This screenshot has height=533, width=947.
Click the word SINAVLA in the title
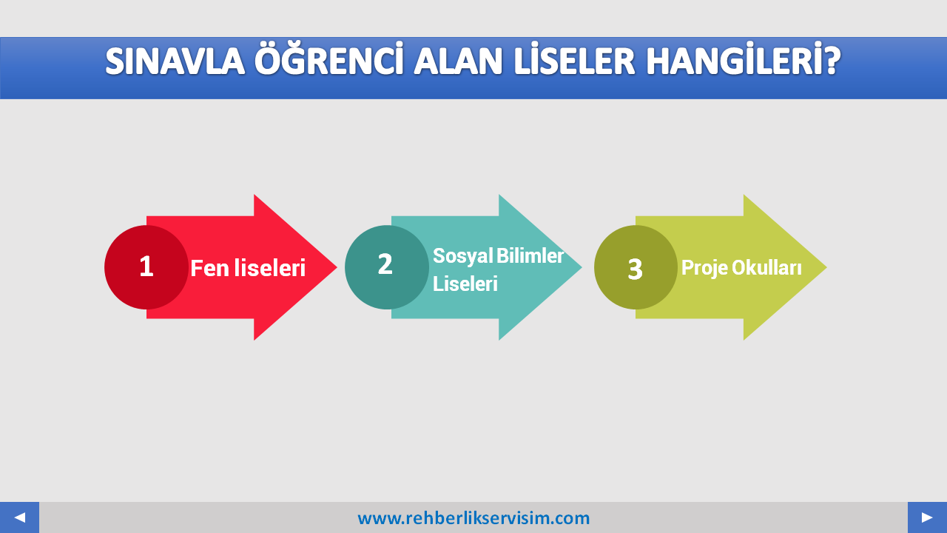(175, 61)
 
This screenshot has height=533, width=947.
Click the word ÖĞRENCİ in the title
(328, 58)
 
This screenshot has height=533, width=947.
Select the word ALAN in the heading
(458, 61)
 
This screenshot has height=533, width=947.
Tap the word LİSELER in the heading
(575, 58)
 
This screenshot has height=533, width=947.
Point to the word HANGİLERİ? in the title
(744, 58)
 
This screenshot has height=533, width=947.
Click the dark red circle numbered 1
(146, 267)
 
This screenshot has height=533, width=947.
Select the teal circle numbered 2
(387, 267)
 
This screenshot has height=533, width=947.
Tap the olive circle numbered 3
(636, 267)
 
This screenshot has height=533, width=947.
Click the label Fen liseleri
(248, 268)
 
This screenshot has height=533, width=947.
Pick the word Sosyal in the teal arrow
(463, 256)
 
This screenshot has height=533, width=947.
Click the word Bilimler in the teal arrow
(530, 255)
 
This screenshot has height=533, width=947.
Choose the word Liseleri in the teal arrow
(465, 284)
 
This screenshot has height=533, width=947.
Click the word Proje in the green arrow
(705, 268)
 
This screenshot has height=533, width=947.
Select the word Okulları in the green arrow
(766, 267)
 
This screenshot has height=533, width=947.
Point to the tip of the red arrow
(337, 267)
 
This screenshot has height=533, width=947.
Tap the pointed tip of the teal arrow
(582, 267)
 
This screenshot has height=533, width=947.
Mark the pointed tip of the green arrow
(826, 267)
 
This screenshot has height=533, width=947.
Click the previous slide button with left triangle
(19, 517)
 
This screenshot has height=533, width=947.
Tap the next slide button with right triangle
(927, 517)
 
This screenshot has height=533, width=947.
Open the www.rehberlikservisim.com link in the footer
(473, 518)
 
